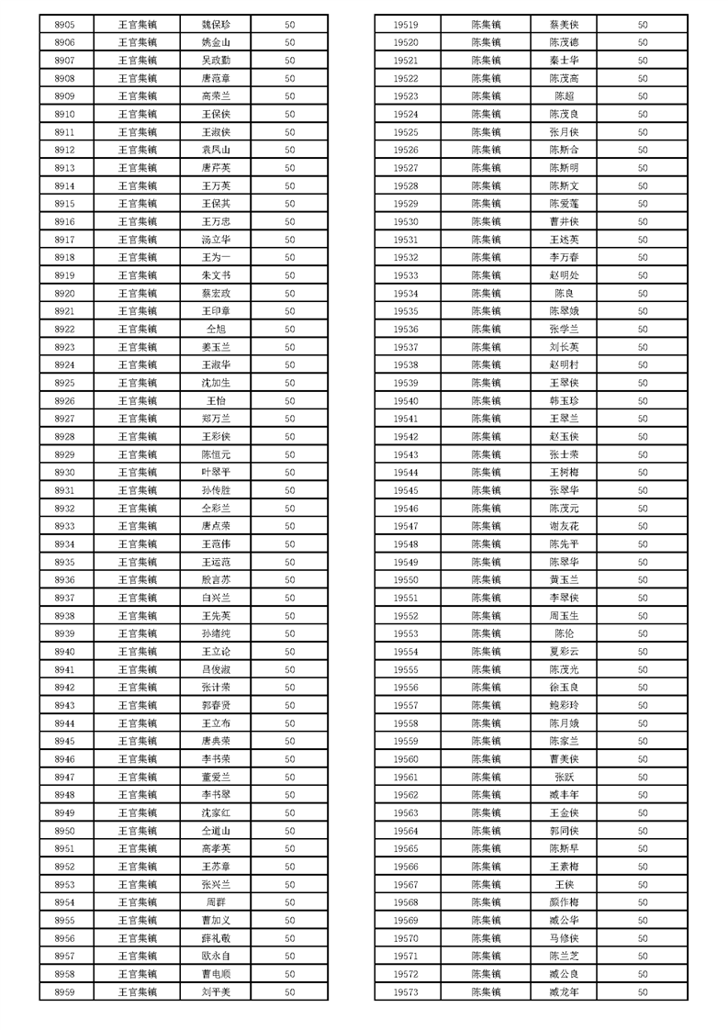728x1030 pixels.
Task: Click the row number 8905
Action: [x=64, y=25]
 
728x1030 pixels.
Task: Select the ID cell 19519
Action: [x=406, y=25]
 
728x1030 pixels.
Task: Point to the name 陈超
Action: [x=564, y=96]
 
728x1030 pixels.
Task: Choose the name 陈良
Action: [x=564, y=294]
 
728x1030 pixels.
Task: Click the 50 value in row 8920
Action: [x=289, y=294]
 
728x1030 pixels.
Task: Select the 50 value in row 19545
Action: [x=643, y=491]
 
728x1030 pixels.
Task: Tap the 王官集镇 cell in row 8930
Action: [x=138, y=473]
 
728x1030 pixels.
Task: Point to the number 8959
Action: [x=64, y=992]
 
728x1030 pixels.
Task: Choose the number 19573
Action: [x=406, y=992]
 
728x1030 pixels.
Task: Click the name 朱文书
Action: [x=216, y=275]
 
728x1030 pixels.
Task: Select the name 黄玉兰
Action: [x=564, y=580]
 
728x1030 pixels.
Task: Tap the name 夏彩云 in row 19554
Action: [x=564, y=652]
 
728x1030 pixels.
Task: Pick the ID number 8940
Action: [x=64, y=652]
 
